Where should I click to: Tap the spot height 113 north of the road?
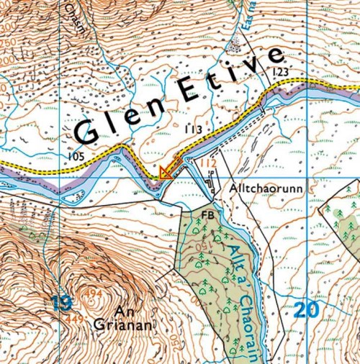tap(192, 129)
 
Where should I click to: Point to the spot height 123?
tap(280, 72)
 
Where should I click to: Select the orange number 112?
tap(208, 164)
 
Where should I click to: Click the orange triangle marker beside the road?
tap(166, 172)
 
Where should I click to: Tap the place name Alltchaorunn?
tap(266, 186)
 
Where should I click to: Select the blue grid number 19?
tap(63, 302)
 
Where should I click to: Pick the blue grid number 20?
tap(305, 310)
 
